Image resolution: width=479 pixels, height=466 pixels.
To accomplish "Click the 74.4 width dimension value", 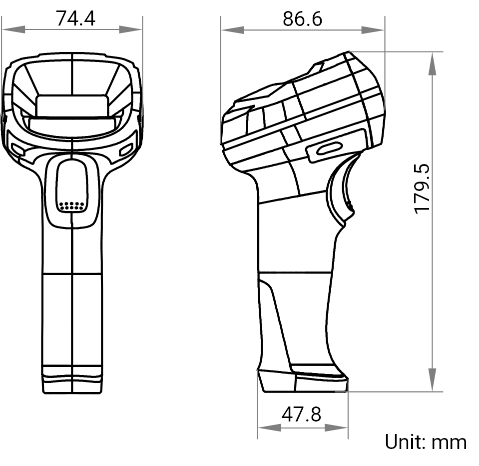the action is pos(75,18).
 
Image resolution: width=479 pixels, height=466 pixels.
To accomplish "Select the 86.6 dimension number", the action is pos(302,19).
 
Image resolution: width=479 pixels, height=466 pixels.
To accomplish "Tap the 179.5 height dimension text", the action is pos(422,188).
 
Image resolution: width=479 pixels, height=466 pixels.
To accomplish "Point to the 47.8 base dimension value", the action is pos(301,414).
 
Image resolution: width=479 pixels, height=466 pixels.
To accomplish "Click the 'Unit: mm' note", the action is pos(426,442).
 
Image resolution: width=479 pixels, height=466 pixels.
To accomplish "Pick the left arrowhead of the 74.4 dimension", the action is pos(13,29).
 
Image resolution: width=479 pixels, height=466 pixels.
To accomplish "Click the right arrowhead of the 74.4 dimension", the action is pos(130,29).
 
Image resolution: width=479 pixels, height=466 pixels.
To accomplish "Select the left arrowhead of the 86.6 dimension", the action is pos(233,30).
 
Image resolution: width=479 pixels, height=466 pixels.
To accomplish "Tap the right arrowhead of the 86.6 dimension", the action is pos(373,30).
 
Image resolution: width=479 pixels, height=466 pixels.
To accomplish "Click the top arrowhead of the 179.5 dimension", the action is pos(432,63).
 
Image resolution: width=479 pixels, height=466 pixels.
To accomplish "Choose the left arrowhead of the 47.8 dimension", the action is pos(269,427).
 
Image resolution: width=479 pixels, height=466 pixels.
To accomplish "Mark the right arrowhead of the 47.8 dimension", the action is pos(336,427).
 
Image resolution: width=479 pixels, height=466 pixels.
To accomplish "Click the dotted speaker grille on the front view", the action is pos(72,206).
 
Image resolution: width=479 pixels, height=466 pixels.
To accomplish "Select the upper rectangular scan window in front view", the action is pos(72,105).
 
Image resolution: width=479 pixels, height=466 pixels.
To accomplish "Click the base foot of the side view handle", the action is pos(302,381).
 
